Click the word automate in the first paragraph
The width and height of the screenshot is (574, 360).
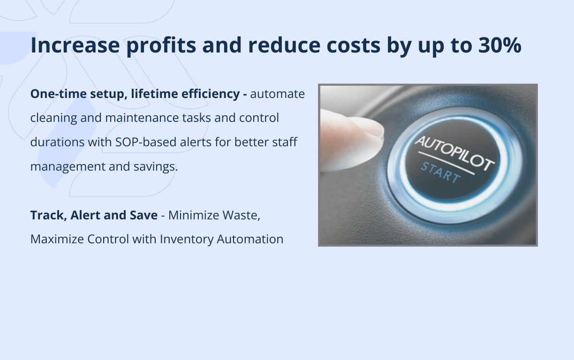277,94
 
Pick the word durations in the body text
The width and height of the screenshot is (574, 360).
57,142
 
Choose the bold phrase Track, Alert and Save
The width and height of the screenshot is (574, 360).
94,215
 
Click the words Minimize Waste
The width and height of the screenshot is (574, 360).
214,215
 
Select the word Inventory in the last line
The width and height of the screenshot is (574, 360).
187,239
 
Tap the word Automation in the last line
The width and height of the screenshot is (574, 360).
250,239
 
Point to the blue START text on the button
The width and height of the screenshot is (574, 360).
439,172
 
